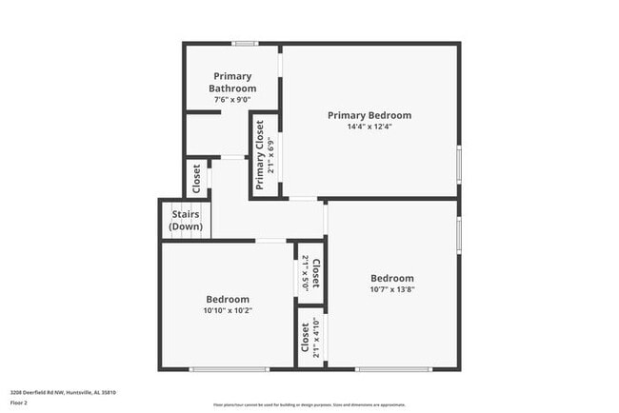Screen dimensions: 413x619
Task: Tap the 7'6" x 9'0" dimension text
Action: (233, 99)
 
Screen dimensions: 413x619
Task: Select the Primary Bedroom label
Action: (369, 115)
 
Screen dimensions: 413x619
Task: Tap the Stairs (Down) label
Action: (185, 221)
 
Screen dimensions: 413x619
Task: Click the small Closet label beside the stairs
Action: (196, 179)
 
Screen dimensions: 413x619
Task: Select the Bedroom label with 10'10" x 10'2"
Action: (228, 299)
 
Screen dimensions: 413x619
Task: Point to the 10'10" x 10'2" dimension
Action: (228, 310)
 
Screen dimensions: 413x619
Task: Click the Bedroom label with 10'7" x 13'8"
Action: (392, 278)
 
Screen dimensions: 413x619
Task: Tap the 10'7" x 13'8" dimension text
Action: (392, 289)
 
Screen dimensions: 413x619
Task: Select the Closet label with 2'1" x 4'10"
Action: (305, 339)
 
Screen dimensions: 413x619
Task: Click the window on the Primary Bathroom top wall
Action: (246, 43)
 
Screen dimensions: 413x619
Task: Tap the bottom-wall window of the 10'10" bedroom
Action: (229, 369)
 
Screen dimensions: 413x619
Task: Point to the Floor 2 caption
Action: (18, 403)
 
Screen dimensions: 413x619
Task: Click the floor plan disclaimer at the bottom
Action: (309, 404)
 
